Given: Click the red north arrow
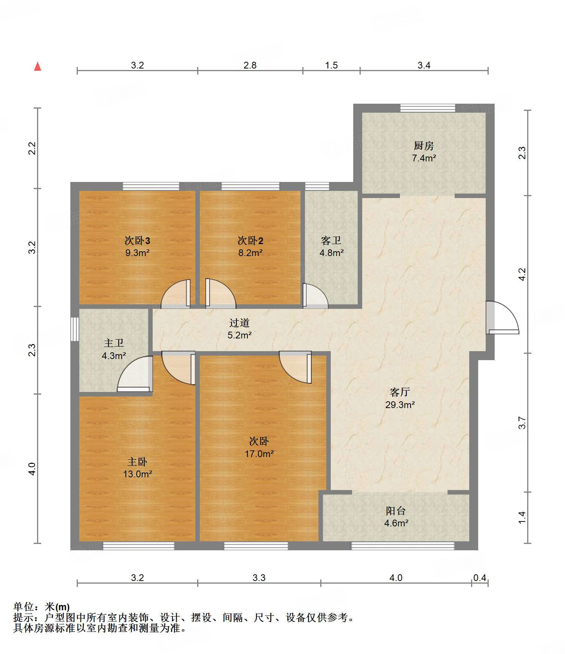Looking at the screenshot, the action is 37,66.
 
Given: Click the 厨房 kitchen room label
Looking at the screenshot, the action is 424,146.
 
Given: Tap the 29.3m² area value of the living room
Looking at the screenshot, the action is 400,405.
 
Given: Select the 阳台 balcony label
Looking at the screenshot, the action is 396,511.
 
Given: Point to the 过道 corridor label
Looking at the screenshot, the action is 239,323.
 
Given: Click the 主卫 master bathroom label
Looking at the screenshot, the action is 114,343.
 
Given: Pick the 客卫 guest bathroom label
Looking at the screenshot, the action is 331,240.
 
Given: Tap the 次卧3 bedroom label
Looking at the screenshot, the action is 137,240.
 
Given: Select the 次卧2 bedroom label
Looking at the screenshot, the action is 250,240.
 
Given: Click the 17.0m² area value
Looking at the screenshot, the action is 259,454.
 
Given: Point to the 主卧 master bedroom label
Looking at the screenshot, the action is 137,462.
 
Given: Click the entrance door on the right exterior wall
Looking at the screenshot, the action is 503,317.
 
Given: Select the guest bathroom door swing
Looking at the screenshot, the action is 315,296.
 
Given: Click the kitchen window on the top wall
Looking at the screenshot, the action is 428,108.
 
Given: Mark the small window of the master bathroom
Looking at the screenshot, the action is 75,329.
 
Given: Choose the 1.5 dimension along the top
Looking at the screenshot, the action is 331,66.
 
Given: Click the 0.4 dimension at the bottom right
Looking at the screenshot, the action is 480,578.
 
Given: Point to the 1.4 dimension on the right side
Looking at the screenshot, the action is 522,517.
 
